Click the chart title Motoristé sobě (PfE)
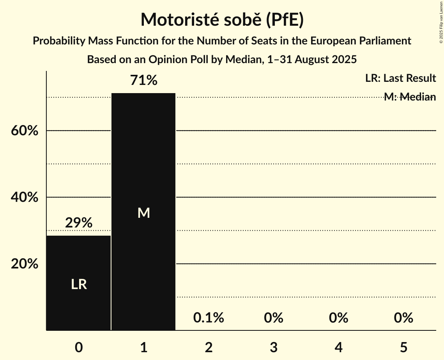point(222,20)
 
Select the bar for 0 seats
point(79,282)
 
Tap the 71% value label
point(144,81)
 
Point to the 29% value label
point(79,223)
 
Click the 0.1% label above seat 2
point(209,318)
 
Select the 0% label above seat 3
point(274,318)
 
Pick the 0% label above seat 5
point(403,318)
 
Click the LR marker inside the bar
point(79,285)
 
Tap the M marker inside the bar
point(143,213)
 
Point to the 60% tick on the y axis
point(25,131)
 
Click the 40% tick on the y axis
point(25,198)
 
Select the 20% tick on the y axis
point(25,264)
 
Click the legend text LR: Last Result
point(400,78)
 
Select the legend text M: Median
point(410,97)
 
